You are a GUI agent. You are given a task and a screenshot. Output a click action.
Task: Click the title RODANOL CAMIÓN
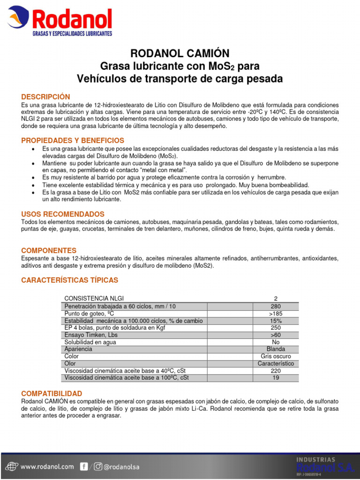[180, 53]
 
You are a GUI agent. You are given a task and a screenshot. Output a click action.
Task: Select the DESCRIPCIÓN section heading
[45, 97]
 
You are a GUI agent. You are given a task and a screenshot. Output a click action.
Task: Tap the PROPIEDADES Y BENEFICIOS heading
[73, 141]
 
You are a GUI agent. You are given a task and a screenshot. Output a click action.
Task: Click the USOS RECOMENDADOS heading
[63, 214]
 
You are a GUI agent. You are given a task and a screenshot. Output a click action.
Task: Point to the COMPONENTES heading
[49, 251]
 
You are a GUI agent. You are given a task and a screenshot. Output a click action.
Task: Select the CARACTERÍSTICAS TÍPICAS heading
[70, 280]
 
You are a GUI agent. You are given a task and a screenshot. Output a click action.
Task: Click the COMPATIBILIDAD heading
[52, 393]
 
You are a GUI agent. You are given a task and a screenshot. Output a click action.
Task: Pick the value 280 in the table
[275, 307]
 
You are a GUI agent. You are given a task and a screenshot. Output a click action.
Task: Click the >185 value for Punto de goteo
[275, 314]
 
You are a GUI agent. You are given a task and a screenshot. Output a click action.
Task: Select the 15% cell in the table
[275, 321]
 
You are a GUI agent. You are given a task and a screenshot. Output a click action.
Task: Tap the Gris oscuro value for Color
[275, 356]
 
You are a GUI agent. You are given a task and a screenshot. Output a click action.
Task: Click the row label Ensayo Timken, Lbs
[91, 335]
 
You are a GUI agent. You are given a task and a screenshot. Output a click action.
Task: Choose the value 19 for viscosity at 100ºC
[275, 377]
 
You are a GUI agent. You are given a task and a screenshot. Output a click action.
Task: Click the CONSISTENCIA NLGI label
[94, 299]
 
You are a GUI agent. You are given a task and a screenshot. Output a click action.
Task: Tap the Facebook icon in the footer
[83, 466]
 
